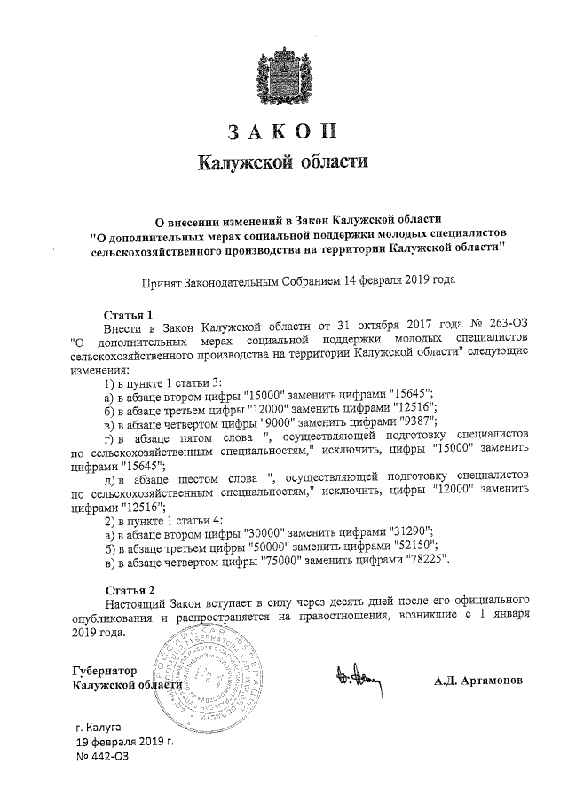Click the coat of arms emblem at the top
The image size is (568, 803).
283,73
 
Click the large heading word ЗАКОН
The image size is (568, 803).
283,132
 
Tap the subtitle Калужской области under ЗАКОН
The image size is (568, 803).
282,163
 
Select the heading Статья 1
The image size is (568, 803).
130,314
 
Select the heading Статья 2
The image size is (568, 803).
130,589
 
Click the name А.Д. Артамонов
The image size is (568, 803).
479,681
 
